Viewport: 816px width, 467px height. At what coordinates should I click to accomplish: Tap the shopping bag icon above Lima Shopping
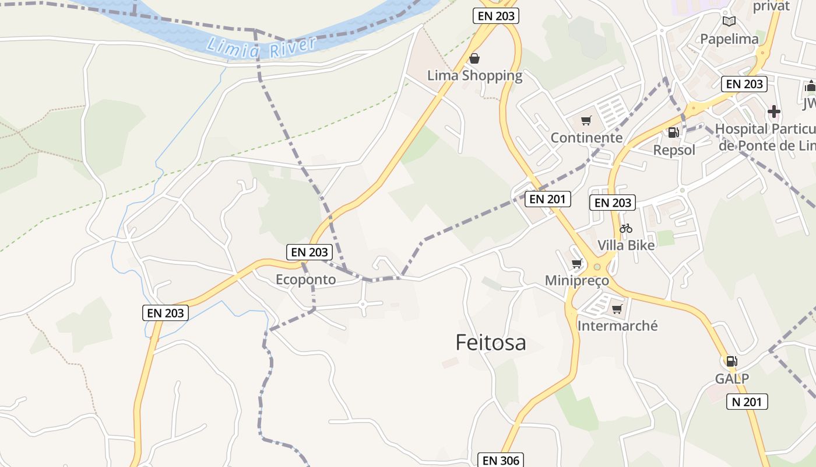point(474,58)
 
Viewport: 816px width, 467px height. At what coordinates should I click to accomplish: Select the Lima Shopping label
point(474,75)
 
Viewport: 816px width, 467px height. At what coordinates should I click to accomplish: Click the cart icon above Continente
point(586,121)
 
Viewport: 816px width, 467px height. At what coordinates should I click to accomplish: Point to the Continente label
point(586,138)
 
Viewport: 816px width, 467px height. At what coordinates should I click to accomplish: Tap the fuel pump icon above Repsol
point(673,133)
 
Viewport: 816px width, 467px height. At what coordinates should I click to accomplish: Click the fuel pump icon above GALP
point(731,361)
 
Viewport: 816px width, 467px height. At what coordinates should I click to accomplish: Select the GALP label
point(732,378)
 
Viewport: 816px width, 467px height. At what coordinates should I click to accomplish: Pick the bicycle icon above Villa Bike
point(626,228)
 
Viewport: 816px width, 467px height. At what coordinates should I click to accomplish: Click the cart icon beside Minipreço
point(577,264)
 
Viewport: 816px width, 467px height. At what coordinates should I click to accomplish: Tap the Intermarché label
point(617,326)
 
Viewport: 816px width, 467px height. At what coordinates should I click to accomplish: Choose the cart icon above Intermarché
point(617,309)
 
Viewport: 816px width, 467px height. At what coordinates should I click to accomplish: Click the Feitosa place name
point(491,343)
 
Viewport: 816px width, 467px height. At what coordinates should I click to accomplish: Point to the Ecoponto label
point(305,280)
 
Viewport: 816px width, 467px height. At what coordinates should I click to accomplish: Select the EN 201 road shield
point(548,199)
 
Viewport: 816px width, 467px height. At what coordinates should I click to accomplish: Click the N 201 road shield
point(747,402)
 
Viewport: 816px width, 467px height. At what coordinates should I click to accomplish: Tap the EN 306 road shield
point(501,460)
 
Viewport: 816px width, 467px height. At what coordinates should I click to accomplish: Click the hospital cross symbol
point(774,111)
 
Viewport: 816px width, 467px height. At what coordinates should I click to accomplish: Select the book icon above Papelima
point(729,22)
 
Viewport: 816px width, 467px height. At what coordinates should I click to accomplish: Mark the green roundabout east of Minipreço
point(597,267)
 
